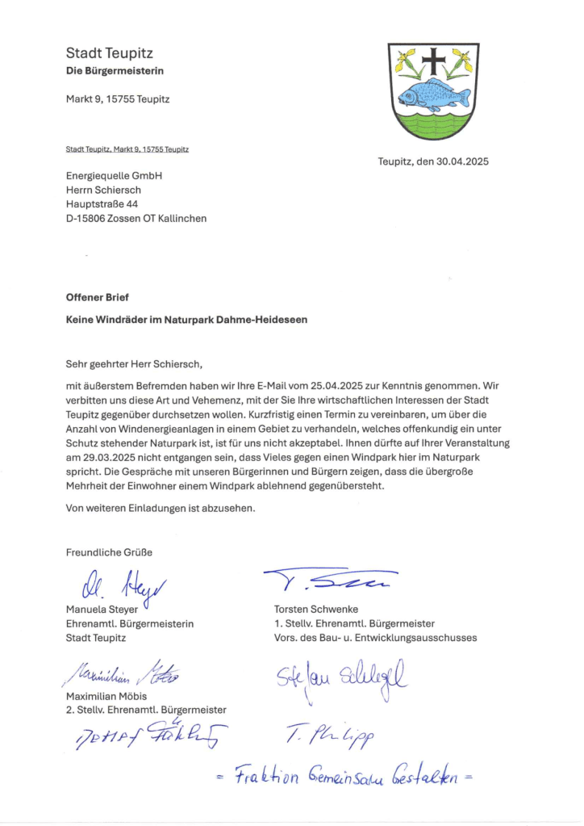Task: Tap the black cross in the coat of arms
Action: click(x=433, y=61)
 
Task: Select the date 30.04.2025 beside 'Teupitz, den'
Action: click(x=462, y=161)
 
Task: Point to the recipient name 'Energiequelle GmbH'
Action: click(x=115, y=175)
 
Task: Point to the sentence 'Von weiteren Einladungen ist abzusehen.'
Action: click(x=161, y=509)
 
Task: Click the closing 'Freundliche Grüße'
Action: click(x=109, y=553)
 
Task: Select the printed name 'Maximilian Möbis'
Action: click(x=106, y=696)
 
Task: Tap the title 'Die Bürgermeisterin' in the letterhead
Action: click(x=115, y=71)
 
